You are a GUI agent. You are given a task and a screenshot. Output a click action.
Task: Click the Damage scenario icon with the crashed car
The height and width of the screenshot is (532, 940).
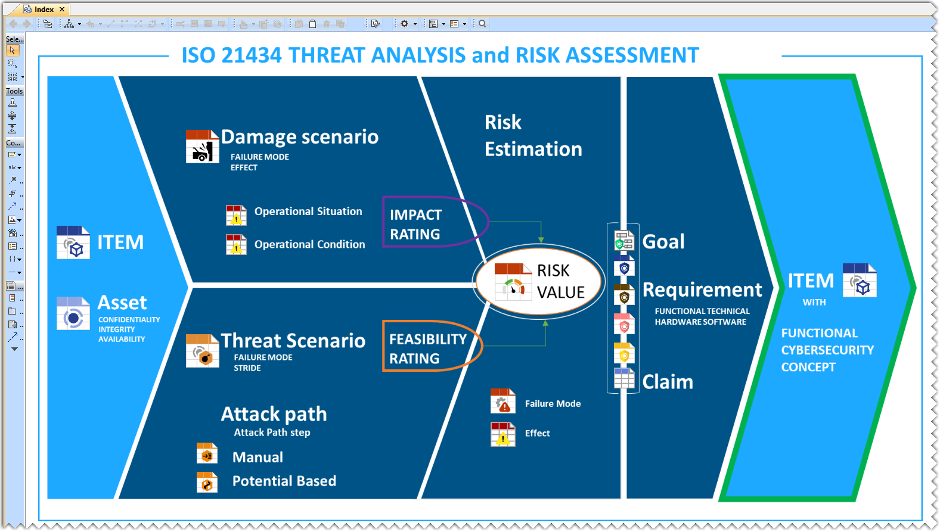202,146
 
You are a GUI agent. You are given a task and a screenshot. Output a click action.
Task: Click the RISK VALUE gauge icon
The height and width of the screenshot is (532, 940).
513,282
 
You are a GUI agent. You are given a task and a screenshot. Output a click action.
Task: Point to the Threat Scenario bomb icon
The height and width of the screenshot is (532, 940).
202,351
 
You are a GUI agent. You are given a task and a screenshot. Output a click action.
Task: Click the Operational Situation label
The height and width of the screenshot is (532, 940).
308,211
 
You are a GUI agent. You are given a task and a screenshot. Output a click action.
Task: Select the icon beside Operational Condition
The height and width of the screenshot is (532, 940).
236,245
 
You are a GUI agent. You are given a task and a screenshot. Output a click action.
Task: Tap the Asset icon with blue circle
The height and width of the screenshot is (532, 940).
73,313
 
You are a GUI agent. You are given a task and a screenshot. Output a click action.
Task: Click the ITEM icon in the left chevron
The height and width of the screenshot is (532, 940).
73,242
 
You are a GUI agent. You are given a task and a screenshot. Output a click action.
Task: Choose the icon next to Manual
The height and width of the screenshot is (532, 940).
207,453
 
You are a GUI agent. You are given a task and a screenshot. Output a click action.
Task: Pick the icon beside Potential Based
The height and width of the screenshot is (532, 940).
207,482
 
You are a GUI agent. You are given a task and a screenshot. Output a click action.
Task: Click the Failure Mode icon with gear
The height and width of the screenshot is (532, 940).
502,401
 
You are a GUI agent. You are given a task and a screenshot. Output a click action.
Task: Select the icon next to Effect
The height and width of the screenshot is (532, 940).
502,434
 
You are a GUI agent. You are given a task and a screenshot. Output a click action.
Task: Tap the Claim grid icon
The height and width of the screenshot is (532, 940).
624,378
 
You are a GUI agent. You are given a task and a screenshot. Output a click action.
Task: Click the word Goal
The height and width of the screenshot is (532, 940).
663,241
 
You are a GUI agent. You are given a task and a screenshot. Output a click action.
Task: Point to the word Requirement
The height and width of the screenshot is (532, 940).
702,290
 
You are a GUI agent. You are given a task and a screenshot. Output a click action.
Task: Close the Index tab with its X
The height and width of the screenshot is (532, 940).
62,9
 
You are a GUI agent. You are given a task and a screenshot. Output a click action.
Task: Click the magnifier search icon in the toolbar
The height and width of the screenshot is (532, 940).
482,24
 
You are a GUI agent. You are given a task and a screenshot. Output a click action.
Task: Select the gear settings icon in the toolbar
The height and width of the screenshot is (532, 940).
404,24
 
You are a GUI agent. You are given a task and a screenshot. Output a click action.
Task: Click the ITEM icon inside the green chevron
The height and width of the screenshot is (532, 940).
860,280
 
